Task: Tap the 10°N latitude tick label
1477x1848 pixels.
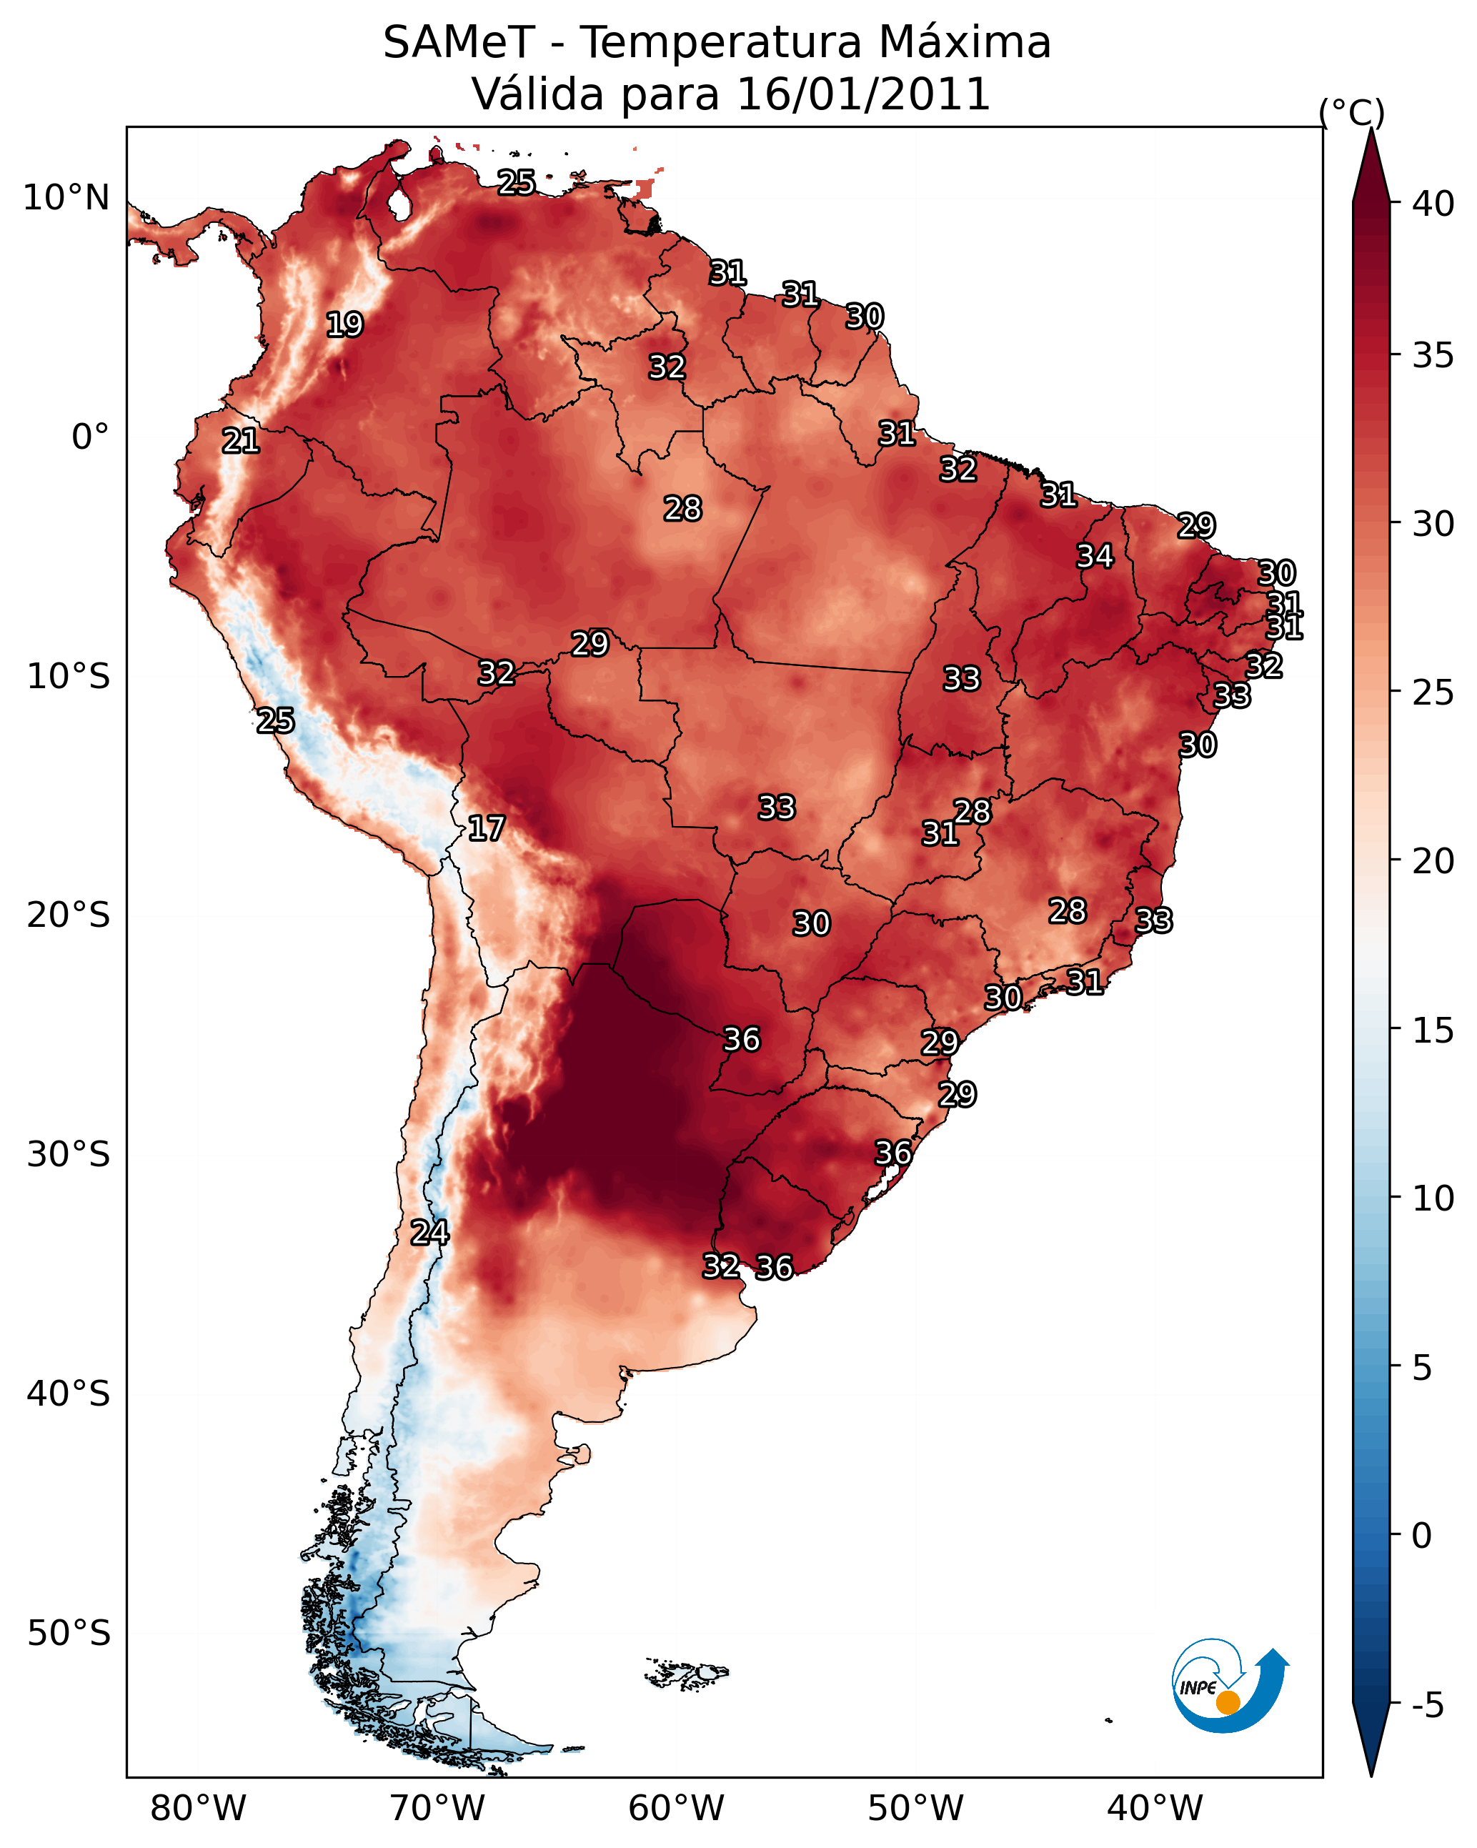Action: click(x=66, y=198)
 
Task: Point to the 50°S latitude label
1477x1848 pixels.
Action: click(x=69, y=1634)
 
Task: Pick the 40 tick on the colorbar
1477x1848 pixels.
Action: click(x=1433, y=204)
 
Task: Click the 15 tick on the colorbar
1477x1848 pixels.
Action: click(x=1433, y=1030)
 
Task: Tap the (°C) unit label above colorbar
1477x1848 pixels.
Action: click(x=1351, y=112)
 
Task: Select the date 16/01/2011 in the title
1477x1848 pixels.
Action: click(x=863, y=94)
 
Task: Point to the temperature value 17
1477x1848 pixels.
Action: click(x=486, y=828)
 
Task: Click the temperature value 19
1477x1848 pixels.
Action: click(x=344, y=325)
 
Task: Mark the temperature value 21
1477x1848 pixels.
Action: click(x=241, y=442)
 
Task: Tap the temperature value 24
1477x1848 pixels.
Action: click(x=429, y=1233)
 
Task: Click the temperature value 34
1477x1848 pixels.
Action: click(x=1095, y=556)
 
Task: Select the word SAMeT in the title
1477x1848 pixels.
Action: click(x=459, y=43)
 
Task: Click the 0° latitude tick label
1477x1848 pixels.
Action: click(x=90, y=437)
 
